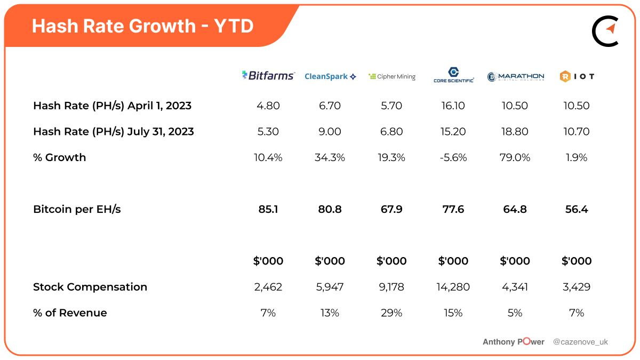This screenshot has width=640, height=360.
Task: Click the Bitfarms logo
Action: coord(268,76)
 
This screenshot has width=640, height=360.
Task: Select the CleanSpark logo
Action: coord(330,77)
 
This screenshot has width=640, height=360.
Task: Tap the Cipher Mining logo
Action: coord(391,77)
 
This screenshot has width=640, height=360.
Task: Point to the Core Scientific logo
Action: coord(453,75)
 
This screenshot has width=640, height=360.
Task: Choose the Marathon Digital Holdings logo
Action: coord(515,77)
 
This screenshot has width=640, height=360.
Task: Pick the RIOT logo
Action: coord(577,76)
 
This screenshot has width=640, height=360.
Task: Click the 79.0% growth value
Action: coord(515,157)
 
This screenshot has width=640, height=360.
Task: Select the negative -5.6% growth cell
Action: coord(453,157)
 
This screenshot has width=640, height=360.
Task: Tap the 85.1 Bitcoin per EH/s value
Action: coord(268,209)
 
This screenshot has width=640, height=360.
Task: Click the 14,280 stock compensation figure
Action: coord(453,287)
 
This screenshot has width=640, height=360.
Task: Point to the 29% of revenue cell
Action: coord(391,313)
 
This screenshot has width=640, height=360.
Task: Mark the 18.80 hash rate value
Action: coord(515,132)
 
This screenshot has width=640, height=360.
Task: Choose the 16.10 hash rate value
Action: coord(453,106)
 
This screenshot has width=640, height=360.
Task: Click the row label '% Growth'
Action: coord(59,157)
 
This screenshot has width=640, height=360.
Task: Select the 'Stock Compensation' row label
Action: coord(90,287)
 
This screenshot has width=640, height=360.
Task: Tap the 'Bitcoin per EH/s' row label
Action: coord(77,209)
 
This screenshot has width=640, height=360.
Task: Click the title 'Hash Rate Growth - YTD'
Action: coord(142,26)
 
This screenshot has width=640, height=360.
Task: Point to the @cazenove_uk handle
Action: coord(580,342)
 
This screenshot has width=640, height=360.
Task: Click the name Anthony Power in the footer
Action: coord(513,342)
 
